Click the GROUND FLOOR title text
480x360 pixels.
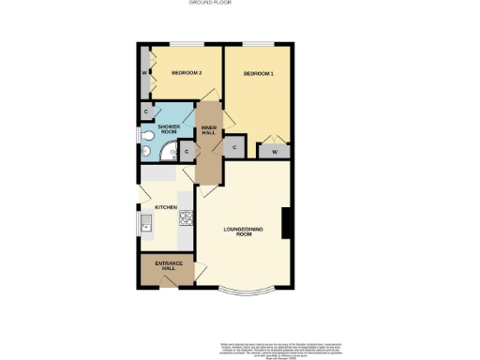point(210,3)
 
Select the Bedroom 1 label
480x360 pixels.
point(258,73)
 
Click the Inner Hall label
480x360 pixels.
point(208,129)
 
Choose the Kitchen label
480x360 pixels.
point(166,206)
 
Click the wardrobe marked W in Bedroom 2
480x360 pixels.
point(144,72)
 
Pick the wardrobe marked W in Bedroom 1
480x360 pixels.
point(275,150)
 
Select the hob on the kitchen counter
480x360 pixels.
point(186,221)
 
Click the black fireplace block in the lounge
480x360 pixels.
point(287,224)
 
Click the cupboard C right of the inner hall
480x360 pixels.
point(232,146)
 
